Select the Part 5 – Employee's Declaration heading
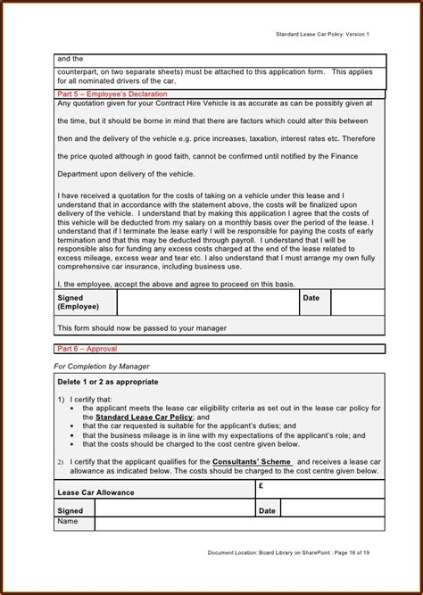(x=112, y=94)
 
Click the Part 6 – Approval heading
(x=87, y=349)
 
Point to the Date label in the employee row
(x=311, y=298)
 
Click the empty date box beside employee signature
(x=357, y=302)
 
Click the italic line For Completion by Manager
(x=102, y=367)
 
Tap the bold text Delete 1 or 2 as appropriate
(x=108, y=382)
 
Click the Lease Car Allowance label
(x=95, y=492)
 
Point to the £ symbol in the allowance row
(x=261, y=486)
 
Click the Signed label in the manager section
(x=70, y=511)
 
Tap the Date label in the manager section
(x=267, y=511)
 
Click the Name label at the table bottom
(x=68, y=522)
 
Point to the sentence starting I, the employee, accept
(x=162, y=283)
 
